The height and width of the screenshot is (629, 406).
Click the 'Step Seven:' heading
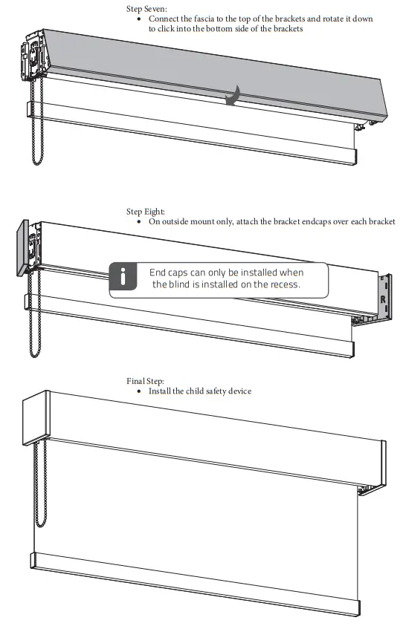click(147, 8)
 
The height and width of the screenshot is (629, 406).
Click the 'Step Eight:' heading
click(146, 212)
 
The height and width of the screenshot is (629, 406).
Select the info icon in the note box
click(123, 278)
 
